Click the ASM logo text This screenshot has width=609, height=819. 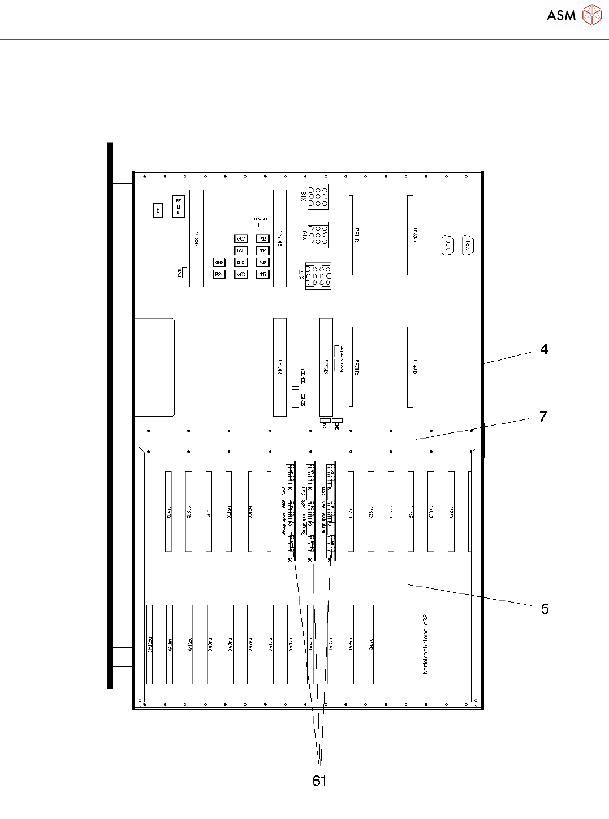561,15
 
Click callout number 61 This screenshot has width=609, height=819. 319,781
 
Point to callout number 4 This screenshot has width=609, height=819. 544,349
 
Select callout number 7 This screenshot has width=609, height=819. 543,417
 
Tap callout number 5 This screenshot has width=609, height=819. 545,609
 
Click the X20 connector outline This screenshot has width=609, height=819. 447,246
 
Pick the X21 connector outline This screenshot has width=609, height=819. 468,246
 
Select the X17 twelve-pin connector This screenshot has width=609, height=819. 318,276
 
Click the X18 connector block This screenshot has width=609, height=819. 318,197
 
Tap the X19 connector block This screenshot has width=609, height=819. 318,234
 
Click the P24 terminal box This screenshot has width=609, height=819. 219,274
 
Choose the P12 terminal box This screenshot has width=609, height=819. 262,239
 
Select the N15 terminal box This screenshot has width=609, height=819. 262,274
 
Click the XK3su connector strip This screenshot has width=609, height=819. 196,239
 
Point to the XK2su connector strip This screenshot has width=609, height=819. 280,239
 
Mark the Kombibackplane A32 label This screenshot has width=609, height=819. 425,644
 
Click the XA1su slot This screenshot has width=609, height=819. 371,644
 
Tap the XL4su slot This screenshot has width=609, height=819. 169,511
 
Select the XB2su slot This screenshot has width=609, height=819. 451,511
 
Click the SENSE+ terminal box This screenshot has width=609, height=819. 295,377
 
